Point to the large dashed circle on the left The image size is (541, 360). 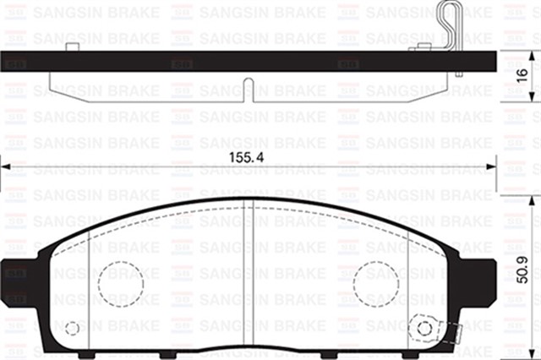pyautogui.click(x=120, y=283)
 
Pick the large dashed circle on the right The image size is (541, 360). pyautogui.click(x=375, y=283)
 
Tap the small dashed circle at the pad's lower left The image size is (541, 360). pyautogui.click(x=73, y=328)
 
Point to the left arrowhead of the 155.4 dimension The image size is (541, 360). pyautogui.click(x=5, y=168)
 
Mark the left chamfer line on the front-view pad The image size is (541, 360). pyautogui.click(x=90, y=287)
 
